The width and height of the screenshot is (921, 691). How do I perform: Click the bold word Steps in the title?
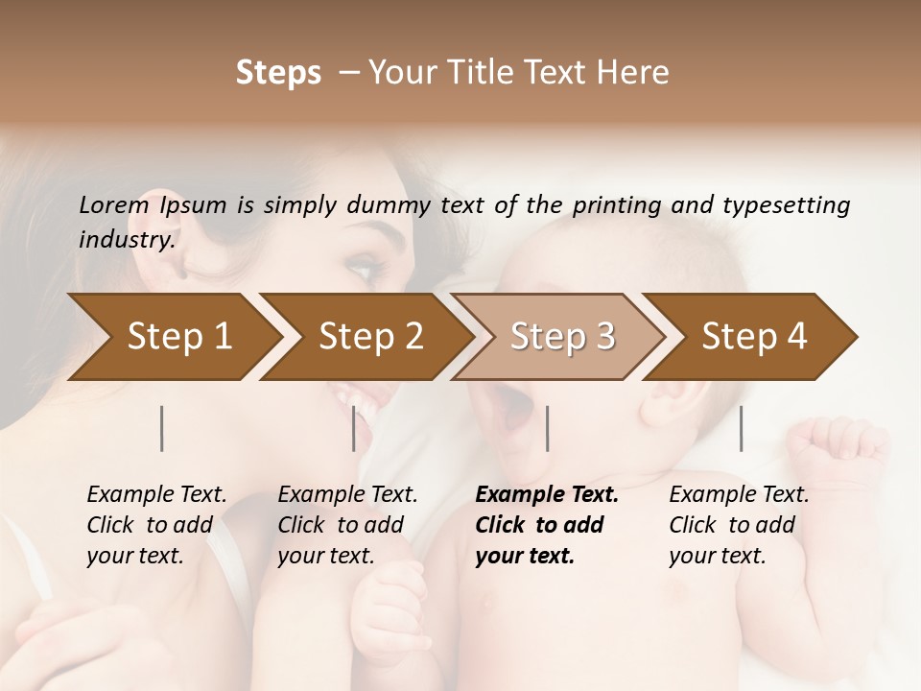pyautogui.click(x=278, y=73)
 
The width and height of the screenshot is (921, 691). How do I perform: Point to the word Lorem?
pyautogui.click(x=114, y=204)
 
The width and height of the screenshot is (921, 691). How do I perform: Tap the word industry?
pyautogui.click(x=127, y=240)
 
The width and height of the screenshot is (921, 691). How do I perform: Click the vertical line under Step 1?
pyautogui.click(x=162, y=428)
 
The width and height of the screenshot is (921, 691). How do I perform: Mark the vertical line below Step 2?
pyautogui.click(x=354, y=428)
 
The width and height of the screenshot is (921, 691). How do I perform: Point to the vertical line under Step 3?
pyautogui.click(x=548, y=428)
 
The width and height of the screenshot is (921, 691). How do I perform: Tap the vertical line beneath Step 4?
pyautogui.click(x=742, y=428)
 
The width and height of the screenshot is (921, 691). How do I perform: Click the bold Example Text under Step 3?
pyautogui.click(x=547, y=525)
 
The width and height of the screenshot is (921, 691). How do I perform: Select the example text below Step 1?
pyautogui.click(x=156, y=525)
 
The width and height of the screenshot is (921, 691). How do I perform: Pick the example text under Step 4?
pyautogui.click(x=739, y=525)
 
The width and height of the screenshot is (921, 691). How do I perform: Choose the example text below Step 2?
pyautogui.click(x=347, y=525)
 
